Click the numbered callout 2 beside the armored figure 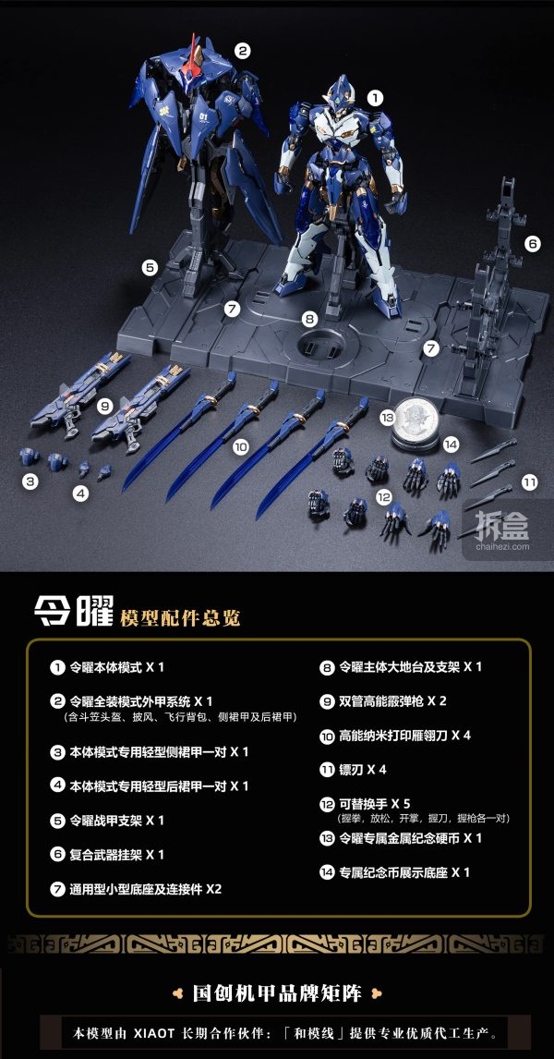coord(242,50)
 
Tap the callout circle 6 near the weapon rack coord(533,245)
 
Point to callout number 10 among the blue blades coord(240,446)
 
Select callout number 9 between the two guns coord(104,406)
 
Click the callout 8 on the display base coord(309,319)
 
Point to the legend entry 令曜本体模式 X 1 coord(107,667)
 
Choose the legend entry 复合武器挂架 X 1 coord(107,855)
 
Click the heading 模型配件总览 coord(180,617)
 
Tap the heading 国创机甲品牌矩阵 coord(277,992)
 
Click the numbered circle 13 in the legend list coord(327,838)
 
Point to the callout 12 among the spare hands coord(384,497)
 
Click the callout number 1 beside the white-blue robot coord(375,98)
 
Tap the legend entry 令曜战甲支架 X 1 coord(107,820)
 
